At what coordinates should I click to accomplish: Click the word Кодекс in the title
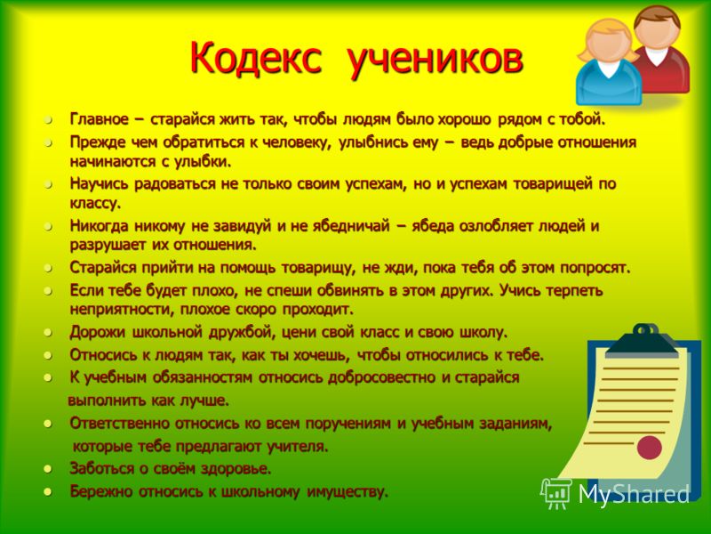pos(256,58)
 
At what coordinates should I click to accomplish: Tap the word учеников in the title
pos(435,60)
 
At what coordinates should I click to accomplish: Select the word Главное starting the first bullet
pos(100,119)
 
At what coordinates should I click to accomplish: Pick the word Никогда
pos(99,226)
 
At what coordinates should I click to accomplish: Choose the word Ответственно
pos(119,424)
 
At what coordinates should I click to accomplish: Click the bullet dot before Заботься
pos(48,469)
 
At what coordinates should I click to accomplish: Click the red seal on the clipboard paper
pos(649,448)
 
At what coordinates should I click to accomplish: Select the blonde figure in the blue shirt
pos(608,63)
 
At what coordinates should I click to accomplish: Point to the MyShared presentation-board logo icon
pos(555,493)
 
